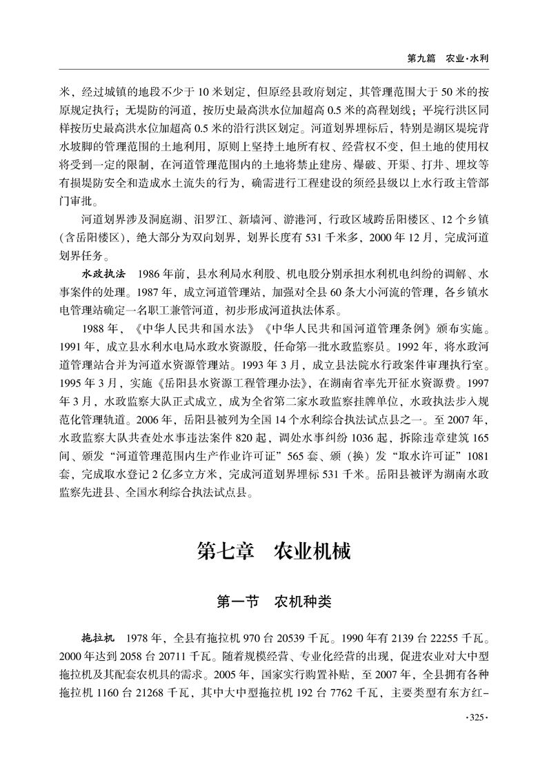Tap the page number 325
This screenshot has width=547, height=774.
473,719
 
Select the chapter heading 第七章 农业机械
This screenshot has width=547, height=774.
274,552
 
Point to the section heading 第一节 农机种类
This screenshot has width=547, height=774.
274,602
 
